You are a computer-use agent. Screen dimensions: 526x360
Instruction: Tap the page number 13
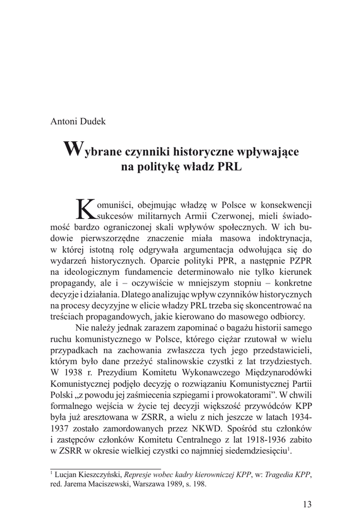307,504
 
